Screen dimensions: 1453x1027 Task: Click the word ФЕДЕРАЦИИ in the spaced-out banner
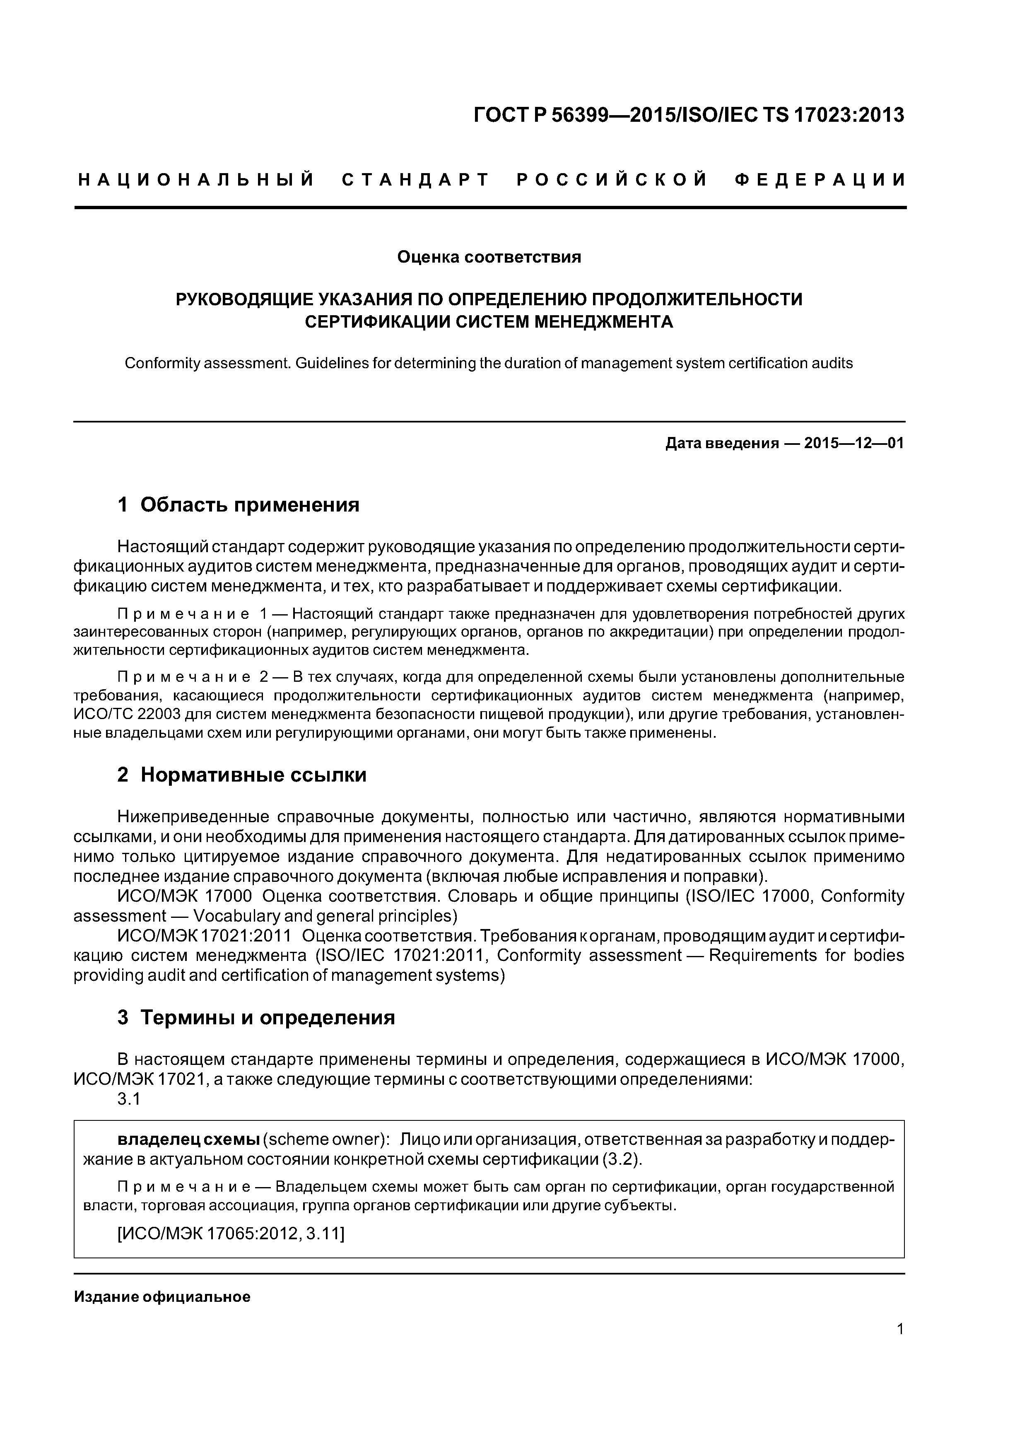(820, 180)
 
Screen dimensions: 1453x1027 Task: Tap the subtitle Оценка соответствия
(489, 257)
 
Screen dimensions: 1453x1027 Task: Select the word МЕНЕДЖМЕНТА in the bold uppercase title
(604, 322)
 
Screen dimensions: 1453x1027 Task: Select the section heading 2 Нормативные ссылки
(242, 775)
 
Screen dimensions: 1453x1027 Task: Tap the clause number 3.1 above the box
(128, 1100)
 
